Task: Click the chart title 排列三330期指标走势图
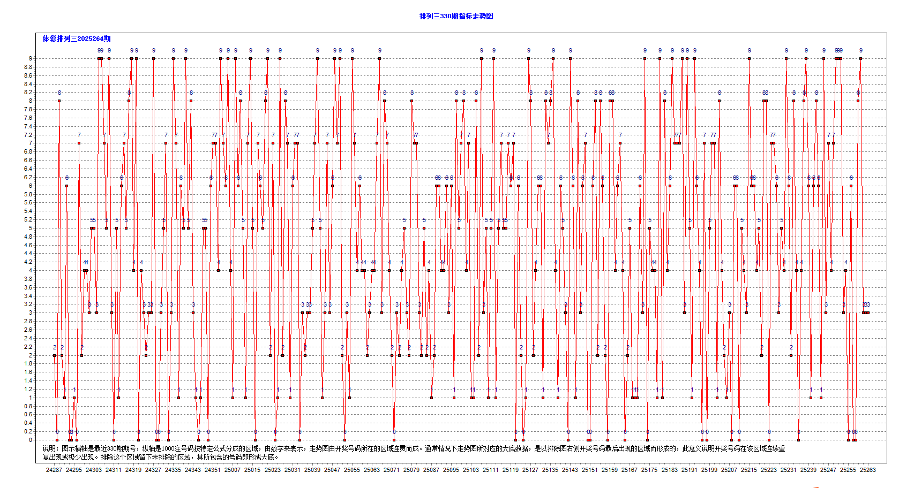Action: (x=456, y=16)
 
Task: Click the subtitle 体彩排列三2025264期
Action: (x=77, y=39)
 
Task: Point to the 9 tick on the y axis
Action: (x=31, y=58)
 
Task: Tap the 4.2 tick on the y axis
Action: (x=28, y=262)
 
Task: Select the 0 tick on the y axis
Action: (x=31, y=440)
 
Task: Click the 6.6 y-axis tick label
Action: (x=28, y=160)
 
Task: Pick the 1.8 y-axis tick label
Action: (x=28, y=363)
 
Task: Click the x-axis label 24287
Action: (x=54, y=470)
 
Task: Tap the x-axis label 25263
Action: (x=868, y=470)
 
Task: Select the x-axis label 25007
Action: (x=233, y=470)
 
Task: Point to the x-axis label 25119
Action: (x=511, y=470)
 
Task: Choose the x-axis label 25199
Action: (x=709, y=470)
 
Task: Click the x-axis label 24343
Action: (x=193, y=470)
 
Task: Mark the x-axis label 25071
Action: (x=392, y=470)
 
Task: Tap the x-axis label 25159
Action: (x=610, y=470)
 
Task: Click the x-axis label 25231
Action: (x=789, y=470)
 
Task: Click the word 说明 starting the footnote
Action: (x=49, y=448)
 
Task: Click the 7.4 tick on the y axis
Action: (x=28, y=126)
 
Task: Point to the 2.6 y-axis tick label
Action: (x=28, y=330)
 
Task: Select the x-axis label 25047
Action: (x=332, y=470)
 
